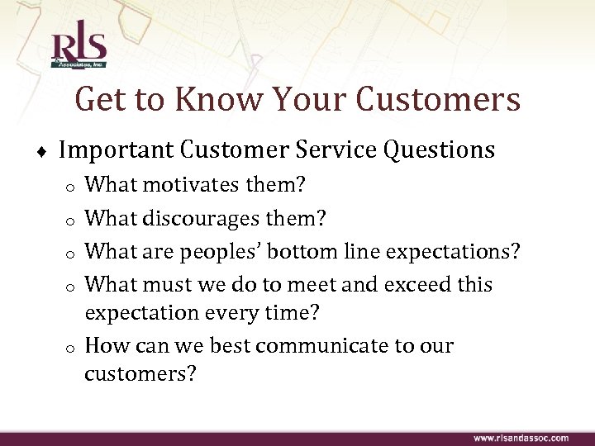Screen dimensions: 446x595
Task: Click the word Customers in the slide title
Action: click(x=439, y=100)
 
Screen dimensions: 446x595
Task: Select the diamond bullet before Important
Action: click(x=42, y=152)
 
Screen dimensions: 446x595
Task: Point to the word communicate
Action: click(x=320, y=345)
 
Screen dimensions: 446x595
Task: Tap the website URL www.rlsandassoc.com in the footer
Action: click(x=521, y=437)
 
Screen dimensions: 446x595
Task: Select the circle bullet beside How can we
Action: click(x=72, y=347)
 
